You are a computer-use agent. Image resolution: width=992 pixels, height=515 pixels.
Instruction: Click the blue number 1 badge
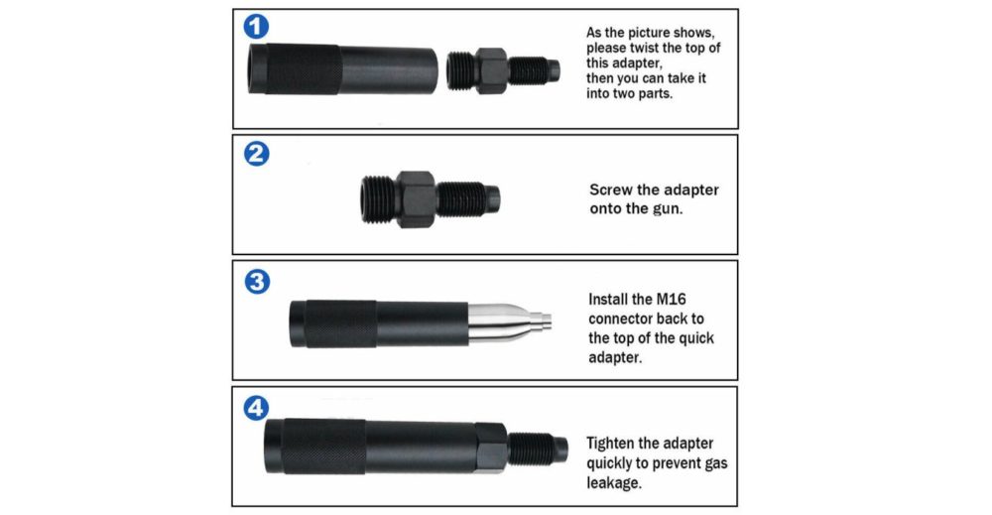pyautogui.click(x=256, y=27)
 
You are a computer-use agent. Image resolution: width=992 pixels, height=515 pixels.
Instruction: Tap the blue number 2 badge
pyautogui.click(x=256, y=155)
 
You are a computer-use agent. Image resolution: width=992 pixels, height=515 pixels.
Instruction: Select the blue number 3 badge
pyautogui.click(x=256, y=282)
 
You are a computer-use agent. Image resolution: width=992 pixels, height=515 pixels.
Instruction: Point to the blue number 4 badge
pyautogui.click(x=256, y=407)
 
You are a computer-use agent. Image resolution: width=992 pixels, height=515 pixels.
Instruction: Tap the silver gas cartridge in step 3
pyautogui.click(x=501, y=322)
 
